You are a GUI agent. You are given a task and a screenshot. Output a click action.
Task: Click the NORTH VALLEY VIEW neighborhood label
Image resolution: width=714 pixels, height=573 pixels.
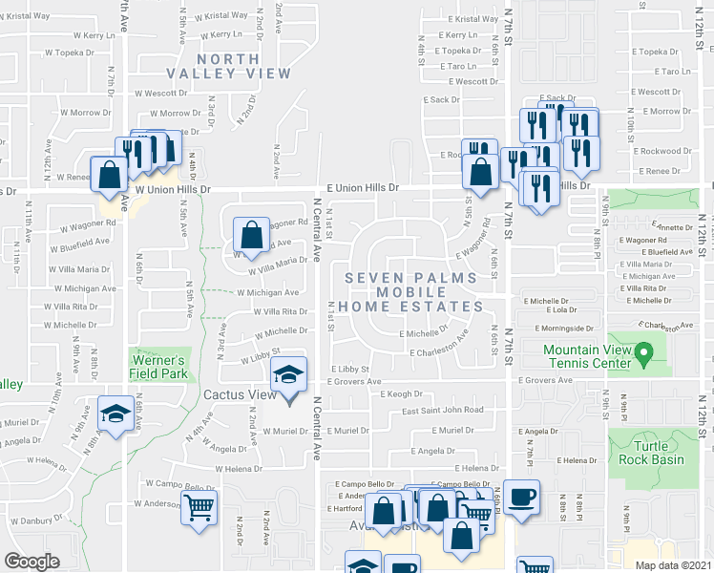pos(228,66)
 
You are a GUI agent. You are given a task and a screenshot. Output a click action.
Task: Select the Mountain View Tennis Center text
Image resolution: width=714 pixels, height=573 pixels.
pos(587,356)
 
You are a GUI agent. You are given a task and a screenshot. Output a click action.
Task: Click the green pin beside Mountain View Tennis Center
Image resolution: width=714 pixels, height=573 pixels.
pos(643,356)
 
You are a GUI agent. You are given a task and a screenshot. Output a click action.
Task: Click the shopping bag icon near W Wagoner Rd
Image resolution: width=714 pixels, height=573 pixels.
pos(251,235)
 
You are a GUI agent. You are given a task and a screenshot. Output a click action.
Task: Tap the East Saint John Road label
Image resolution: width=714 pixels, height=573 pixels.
pos(442,411)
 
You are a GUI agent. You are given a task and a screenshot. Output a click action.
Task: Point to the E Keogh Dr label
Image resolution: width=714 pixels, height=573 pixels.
pos(401,393)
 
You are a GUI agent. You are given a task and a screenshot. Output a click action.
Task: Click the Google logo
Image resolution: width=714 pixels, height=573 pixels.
pos(31,561)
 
